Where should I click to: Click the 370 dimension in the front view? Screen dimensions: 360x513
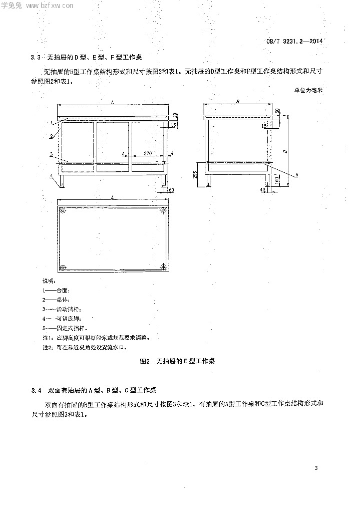tap(147, 152)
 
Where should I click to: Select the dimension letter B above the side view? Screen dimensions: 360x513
tap(238, 102)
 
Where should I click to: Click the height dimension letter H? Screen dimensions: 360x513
tap(284, 150)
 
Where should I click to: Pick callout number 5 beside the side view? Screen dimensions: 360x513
tap(296, 174)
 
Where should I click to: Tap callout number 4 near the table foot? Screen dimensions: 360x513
tap(51, 176)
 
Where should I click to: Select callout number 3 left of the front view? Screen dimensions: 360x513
tap(51, 155)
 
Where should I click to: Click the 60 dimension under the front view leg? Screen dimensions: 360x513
tap(171, 190)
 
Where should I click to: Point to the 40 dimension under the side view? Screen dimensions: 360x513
tap(262, 190)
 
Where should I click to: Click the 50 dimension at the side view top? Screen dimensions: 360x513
tap(277, 111)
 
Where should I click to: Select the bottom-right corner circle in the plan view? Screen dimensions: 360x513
tap(163, 267)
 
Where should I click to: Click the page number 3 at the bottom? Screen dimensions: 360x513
tap(316, 468)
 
